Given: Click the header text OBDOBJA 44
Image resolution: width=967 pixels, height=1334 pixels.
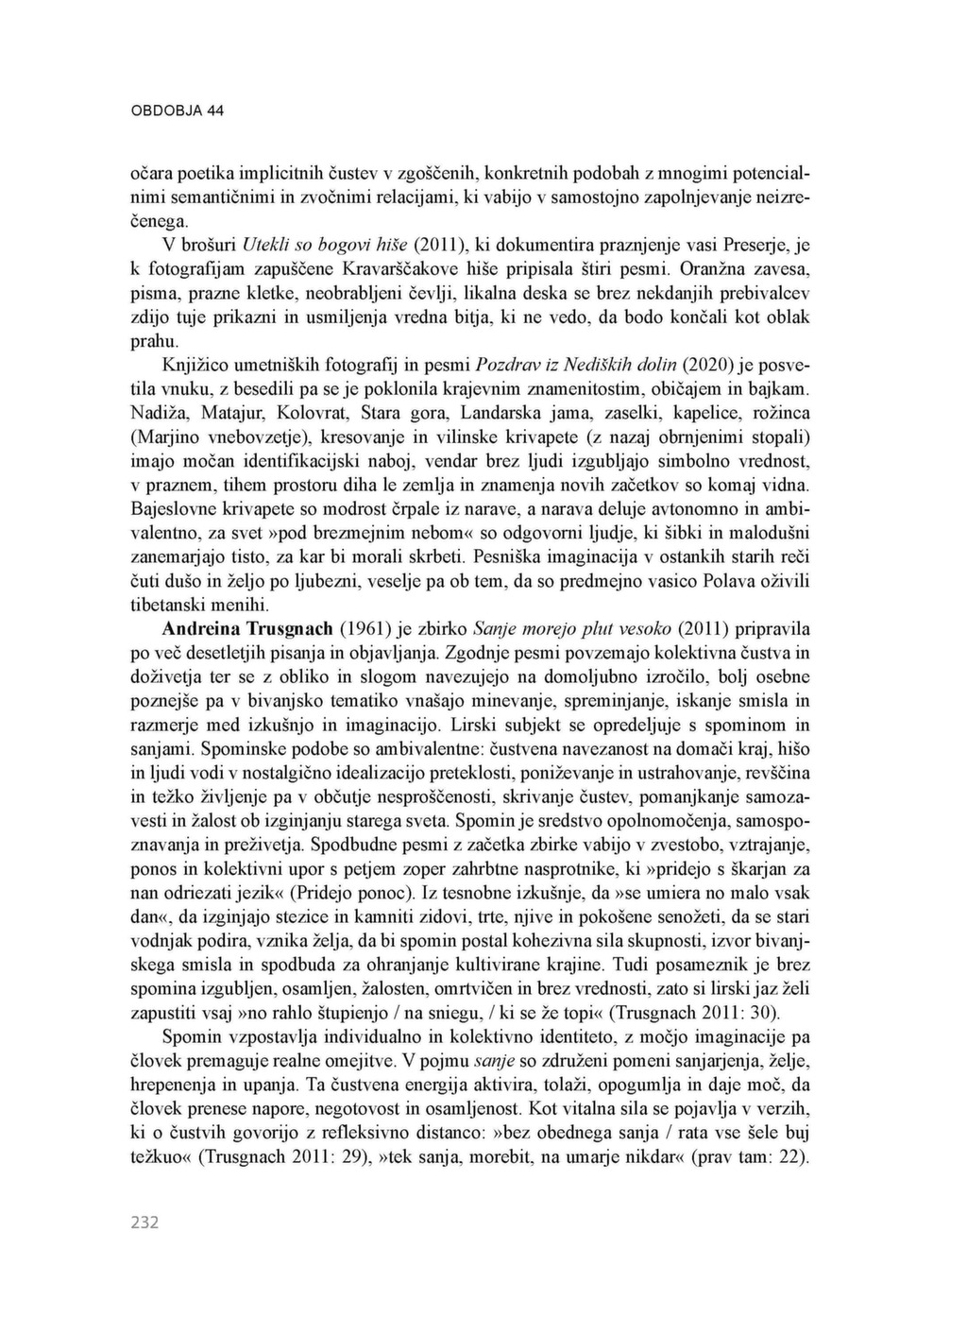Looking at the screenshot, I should click(x=177, y=111).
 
